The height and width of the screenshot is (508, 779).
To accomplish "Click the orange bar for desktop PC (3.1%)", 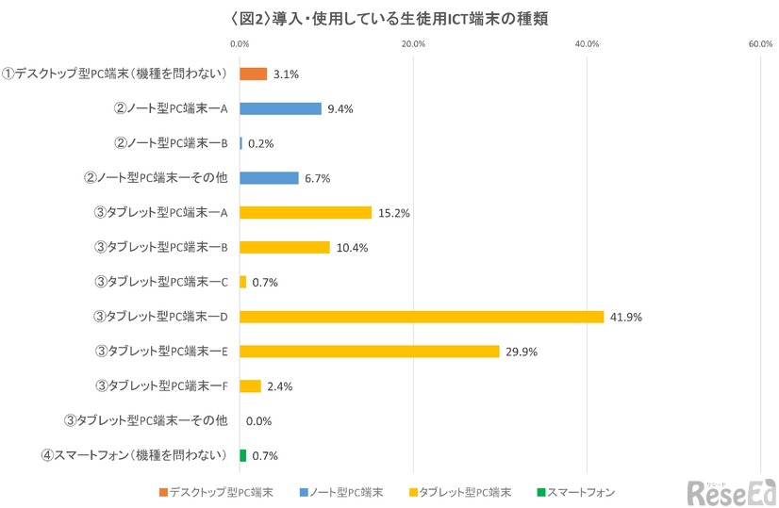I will coord(253,74).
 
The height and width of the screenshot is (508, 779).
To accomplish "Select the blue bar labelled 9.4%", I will coord(280,108).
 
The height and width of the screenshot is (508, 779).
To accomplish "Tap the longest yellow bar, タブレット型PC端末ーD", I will coord(421,317).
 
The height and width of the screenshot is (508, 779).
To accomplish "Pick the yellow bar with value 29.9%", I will coord(369,352).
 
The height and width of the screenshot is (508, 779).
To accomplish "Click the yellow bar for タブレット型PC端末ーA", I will coord(306,212).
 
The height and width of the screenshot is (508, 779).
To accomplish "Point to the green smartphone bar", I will coord(242,455).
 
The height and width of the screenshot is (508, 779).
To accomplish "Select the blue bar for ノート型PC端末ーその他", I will coord(269,178).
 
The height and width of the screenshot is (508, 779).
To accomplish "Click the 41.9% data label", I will coord(626,318).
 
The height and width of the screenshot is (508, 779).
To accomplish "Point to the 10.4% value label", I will coord(353,248).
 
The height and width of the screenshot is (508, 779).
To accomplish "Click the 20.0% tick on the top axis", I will coord(413,43).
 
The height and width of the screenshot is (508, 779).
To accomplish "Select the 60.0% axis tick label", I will coord(760,43).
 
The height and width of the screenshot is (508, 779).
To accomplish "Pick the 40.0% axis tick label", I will coord(587,43).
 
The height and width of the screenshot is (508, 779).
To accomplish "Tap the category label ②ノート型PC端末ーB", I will coord(171,143).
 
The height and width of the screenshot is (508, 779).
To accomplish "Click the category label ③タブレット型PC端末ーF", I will coord(162,385).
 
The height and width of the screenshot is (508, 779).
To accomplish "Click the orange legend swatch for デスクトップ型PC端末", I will coord(162,491).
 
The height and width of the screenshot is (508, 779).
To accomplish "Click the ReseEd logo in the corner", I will coord(730,489).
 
